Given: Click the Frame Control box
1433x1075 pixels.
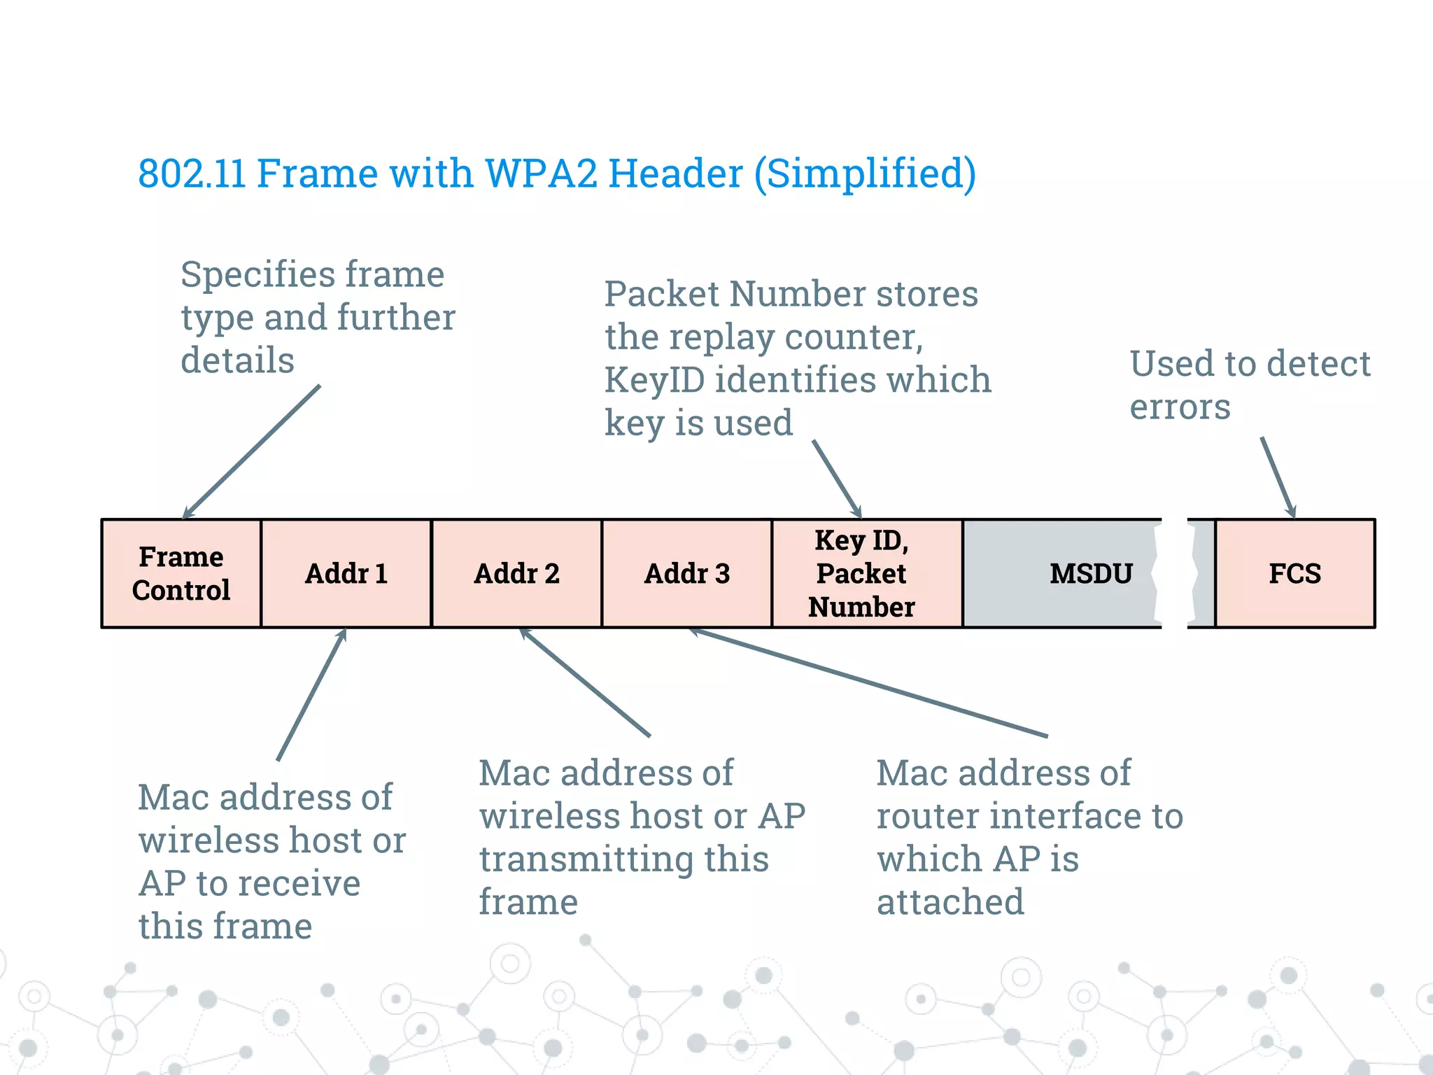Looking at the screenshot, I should coord(181,573).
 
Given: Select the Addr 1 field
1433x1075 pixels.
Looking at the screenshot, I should coord(346,573).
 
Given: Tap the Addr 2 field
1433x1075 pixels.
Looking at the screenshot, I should coord(516,573).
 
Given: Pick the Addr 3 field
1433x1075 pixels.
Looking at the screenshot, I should coord(686,573).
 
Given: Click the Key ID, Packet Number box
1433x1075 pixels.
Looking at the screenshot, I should coord(861,573).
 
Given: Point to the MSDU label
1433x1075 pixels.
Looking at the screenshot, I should coord(1090,574).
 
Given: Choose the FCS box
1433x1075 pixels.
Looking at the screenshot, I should coord(1294,573).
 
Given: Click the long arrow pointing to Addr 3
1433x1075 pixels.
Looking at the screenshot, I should coord(868,683).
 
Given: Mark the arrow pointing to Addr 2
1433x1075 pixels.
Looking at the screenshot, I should coord(585,682).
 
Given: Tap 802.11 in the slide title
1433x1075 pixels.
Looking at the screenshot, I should coord(192,173).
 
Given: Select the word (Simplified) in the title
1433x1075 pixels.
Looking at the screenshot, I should coord(865,174).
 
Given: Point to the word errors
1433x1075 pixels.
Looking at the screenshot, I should coord(1180,407).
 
